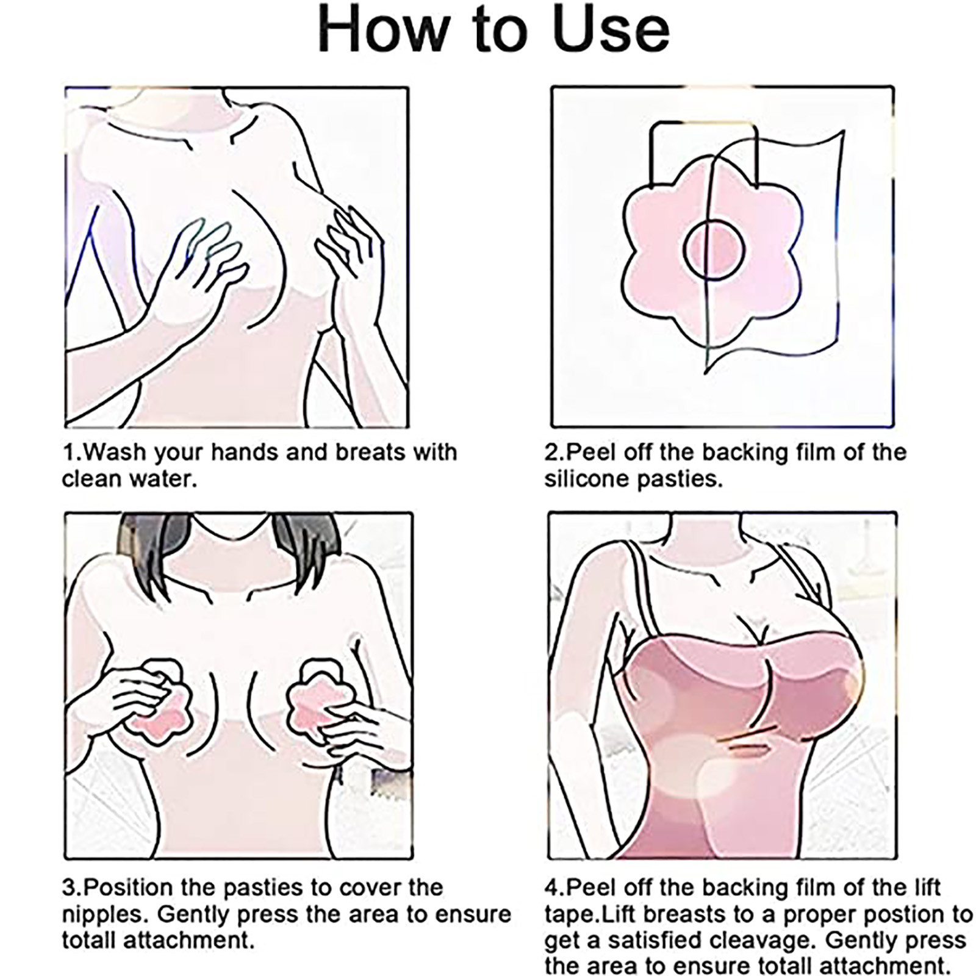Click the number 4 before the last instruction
(x=551, y=888)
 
